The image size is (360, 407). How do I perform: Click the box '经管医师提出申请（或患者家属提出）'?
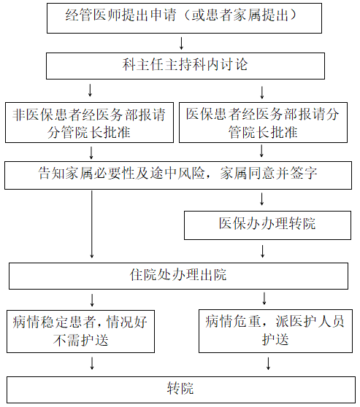(184, 18)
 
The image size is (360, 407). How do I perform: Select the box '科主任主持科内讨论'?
(185, 66)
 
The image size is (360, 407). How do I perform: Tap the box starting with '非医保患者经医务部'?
(89, 123)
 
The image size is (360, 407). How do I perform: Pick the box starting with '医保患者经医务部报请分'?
(263, 123)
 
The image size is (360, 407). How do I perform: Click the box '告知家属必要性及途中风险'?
(178, 176)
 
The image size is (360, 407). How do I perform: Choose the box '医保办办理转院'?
(267, 225)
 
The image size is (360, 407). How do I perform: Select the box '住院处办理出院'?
(179, 276)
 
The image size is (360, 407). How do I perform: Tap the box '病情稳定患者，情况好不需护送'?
(80, 331)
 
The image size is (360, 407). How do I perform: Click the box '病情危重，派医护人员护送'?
(275, 331)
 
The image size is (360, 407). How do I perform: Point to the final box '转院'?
(181, 390)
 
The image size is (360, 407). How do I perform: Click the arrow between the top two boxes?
(181, 43)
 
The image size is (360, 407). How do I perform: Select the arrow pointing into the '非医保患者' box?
(91, 90)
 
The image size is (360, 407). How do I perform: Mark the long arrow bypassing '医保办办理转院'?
(92, 224)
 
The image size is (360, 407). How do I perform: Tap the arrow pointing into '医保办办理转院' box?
(262, 199)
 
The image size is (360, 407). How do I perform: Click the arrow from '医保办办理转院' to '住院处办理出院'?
(263, 251)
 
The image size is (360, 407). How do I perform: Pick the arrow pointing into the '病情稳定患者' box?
(92, 300)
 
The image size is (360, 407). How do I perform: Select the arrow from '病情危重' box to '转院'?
(268, 363)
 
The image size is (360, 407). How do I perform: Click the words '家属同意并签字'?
(269, 173)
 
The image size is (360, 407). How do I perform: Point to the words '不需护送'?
(80, 340)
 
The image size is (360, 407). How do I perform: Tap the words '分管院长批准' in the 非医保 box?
(89, 132)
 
